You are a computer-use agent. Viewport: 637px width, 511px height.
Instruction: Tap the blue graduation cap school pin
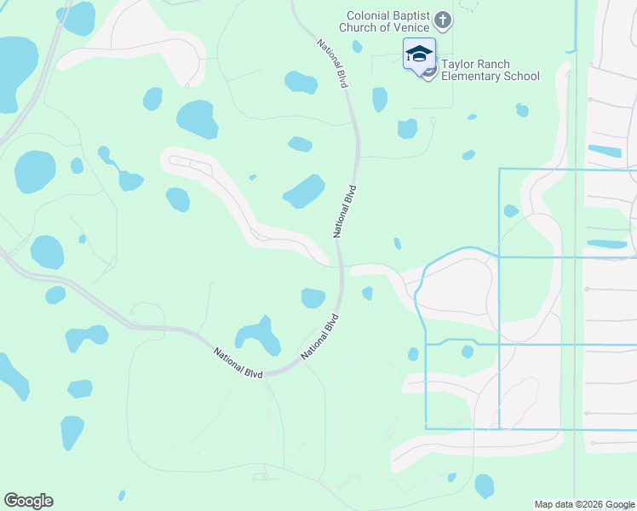pos(418,55)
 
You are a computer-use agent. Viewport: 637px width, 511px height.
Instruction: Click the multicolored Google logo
pos(28,501)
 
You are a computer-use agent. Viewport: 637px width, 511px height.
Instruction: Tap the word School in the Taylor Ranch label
pos(521,76)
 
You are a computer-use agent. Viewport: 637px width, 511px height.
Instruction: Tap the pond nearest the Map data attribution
pos(484,485)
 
